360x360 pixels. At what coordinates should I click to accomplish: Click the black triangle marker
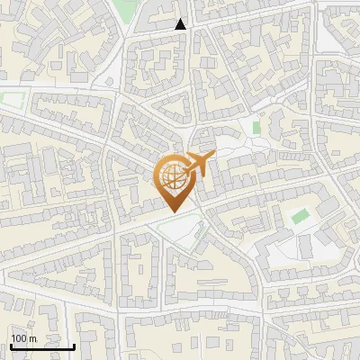[x=181, y=24]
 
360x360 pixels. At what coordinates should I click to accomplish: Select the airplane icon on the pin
[x=197, y=165]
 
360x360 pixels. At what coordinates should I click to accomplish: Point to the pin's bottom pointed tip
[x=172, y=211]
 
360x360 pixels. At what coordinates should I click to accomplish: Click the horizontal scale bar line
[x=42, y=346]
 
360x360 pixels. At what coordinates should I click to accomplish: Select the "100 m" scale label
[x=23, y=338]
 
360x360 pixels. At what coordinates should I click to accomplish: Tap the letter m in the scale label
[x=31, y=338]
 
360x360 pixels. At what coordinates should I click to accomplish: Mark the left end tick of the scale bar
[x=10, y=345]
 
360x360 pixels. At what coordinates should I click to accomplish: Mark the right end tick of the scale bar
[x=75, y=345]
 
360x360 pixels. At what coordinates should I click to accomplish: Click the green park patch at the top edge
[x=129, y=9]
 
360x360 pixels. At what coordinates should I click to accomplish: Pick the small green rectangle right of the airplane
[x=256, y=128]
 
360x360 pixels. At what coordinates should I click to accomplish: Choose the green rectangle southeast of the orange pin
[x=300, y=216]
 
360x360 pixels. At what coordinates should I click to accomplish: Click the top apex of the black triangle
[x=181, y=19]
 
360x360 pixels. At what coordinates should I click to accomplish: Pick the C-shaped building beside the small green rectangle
[x=271, y=126]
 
